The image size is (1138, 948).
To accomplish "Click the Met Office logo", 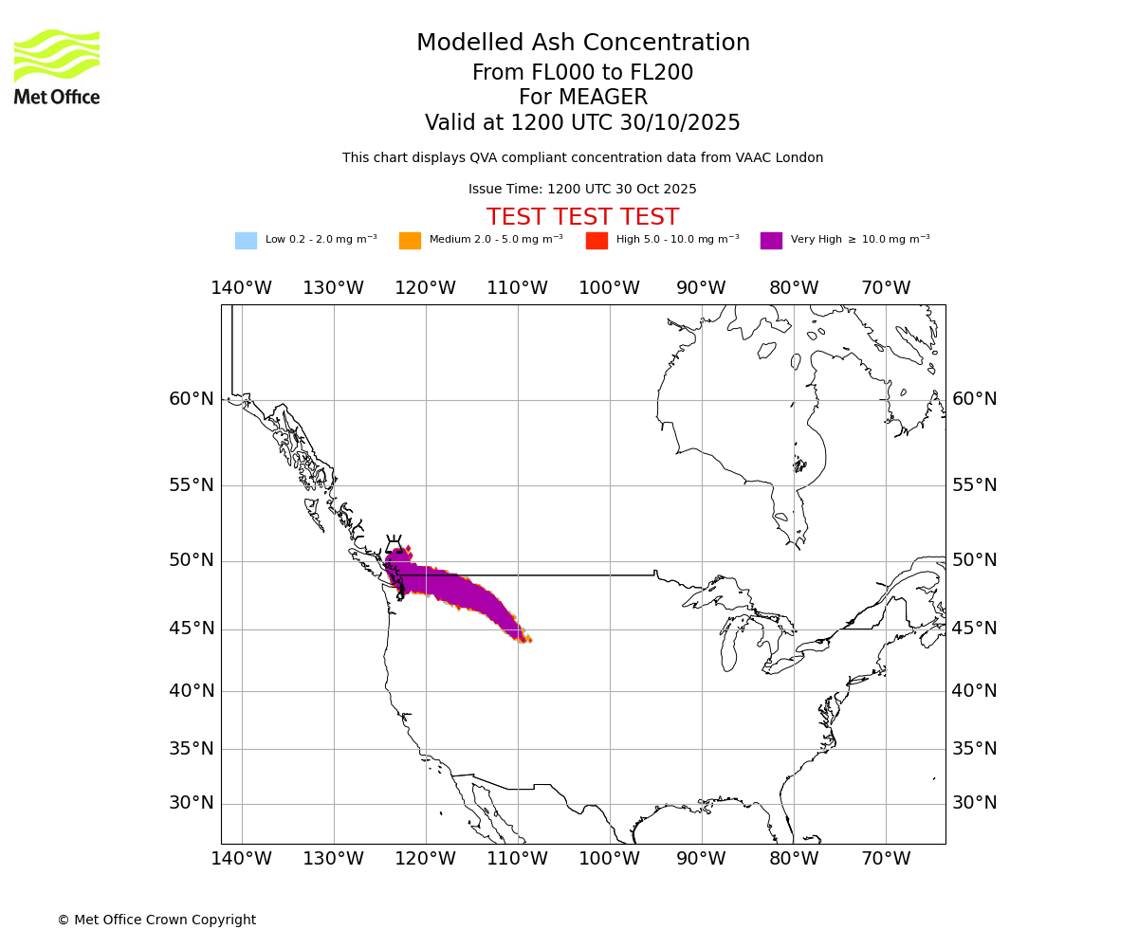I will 57,66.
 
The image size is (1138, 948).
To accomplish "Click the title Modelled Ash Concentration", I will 583,44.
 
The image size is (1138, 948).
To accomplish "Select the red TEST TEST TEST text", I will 582,217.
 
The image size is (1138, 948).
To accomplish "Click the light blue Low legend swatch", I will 246,241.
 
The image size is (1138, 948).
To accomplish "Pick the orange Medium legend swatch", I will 410,241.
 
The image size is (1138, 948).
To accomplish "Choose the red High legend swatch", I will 597,241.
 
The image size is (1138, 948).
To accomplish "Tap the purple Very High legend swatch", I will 771,241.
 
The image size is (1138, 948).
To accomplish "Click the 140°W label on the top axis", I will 241,288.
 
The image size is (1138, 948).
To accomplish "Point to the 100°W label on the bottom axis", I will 609,859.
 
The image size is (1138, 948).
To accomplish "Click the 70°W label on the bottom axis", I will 886,859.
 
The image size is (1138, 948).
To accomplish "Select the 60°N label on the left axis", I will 192,399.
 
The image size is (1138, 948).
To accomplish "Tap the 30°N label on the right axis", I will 974,803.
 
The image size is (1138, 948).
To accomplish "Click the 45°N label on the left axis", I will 192,629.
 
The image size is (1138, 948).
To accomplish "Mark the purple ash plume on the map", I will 446,584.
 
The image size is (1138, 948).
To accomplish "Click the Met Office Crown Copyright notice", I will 156,920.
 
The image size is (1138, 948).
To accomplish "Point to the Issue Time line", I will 582,190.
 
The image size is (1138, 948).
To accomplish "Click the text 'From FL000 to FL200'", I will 582,73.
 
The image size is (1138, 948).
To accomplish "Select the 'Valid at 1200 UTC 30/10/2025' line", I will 582,123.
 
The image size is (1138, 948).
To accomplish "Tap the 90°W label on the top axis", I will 701,288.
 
